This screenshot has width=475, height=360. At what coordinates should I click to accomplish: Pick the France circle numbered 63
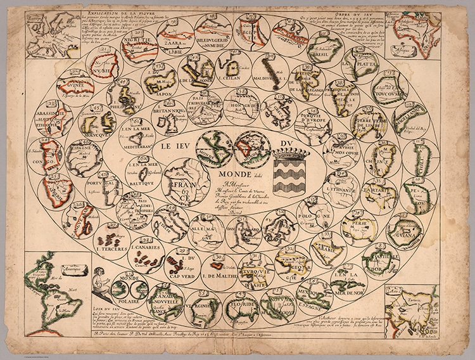[x=185, y=183]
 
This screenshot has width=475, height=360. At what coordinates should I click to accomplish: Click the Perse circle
[x=358, y=227]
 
